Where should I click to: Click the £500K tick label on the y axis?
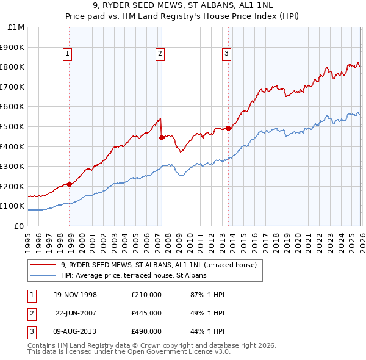click(12, 126)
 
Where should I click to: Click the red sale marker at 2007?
click(162, 137)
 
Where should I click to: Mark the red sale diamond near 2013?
click(228, 128)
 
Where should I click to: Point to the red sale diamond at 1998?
click(70, 184)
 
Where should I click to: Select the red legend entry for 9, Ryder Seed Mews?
click(162, 265)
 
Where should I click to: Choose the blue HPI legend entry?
click(134, 276)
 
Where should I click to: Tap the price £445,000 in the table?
click(146, 313)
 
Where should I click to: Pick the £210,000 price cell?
click(146, 295)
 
